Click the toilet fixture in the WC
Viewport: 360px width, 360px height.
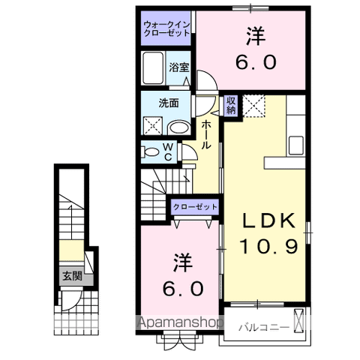pos(150,152)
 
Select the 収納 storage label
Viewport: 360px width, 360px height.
pos(231,104)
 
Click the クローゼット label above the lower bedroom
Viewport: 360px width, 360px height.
pos(196,206)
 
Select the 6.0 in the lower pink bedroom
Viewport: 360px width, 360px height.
pos(179,287)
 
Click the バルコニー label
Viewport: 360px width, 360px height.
pos(259,328)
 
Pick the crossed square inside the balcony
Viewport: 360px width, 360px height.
pos(300,320)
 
